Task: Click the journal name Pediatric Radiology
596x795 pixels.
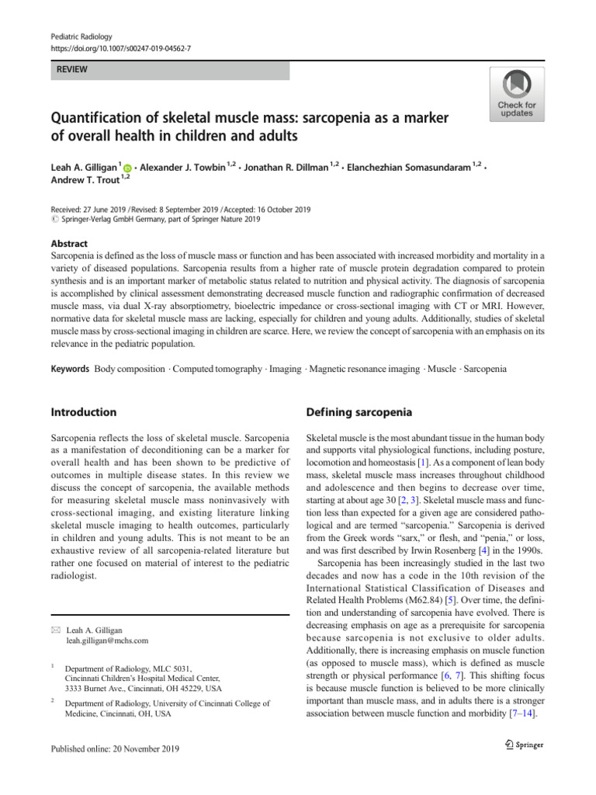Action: tap(80, 36)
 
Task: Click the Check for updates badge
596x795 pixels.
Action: tap(516, 94)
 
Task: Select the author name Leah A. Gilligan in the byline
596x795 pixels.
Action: tap(83, 166)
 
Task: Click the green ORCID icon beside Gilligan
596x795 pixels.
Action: tap(127, 167)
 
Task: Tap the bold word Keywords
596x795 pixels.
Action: tap(70, 369)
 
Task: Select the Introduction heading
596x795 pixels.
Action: tap(84, 412)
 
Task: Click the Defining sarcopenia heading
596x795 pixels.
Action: tap(359, 412)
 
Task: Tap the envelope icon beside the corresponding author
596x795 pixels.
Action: tap(55, 630)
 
